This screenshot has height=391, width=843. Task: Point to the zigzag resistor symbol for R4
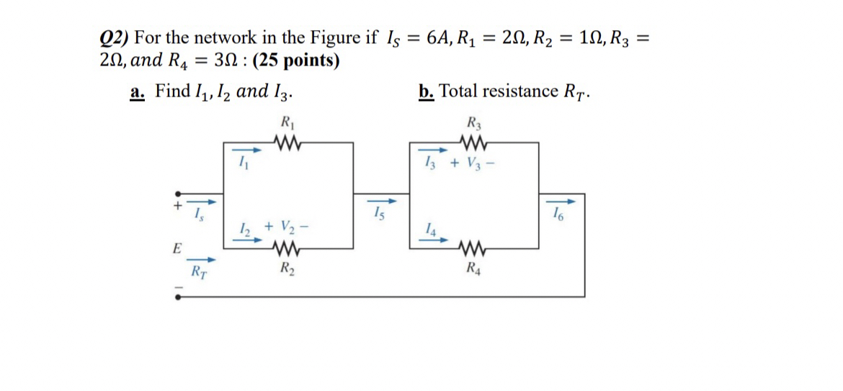473,251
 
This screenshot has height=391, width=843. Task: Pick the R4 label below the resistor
473,271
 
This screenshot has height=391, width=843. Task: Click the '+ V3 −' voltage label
473,164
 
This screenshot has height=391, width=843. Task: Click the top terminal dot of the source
178,194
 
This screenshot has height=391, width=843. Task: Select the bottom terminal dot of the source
178,296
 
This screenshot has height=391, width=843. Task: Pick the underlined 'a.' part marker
137,91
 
